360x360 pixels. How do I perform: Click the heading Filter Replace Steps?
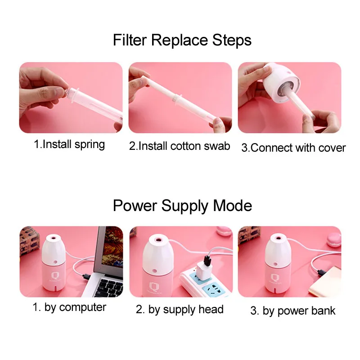point(182,40)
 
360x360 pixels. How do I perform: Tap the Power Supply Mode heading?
point(182,206)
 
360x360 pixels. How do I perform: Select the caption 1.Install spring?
point(69,144)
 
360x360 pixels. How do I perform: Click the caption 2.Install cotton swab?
point(180,146)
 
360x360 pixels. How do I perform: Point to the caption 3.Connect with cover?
point(293,148)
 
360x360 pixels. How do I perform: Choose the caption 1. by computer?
point(69,307)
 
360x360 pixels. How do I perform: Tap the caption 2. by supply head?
point(180,309)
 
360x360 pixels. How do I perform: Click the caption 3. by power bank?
point(293,310)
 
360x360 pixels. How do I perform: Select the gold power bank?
point(325,282)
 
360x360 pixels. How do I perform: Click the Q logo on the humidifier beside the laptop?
point(54,275)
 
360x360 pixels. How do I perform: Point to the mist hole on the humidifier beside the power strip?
point(158,240)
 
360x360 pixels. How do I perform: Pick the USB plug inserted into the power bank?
point(322,273)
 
